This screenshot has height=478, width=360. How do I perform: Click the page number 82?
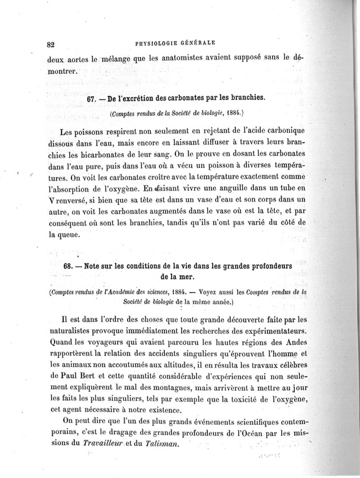tap(50, 44)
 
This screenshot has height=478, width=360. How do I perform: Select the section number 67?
tap(92, 98)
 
